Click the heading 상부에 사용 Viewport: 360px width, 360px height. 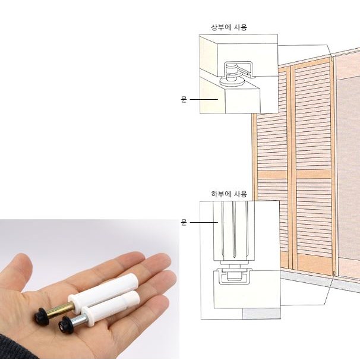tap(229, 27)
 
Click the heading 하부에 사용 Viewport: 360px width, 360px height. tap(229, 194)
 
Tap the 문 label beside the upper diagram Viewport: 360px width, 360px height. tap(184, 99)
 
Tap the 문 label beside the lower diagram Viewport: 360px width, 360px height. tap(184, 222)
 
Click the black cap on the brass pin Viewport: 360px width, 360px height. tap(42, 317)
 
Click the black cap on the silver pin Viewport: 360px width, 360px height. tap(66, 325)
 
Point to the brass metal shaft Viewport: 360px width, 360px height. tap(60, 310)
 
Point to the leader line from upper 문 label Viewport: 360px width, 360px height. tap(204, 99)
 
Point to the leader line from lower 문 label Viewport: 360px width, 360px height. tap(204, 222)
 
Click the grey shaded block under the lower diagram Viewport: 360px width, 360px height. tap(261, 314)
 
